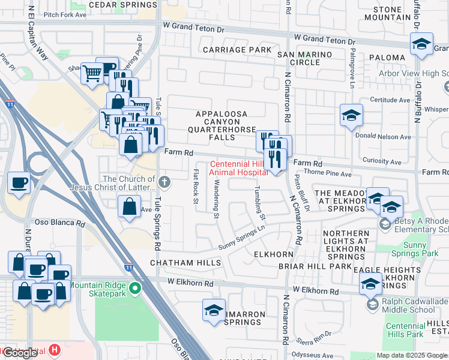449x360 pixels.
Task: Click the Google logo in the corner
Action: coord(20,353)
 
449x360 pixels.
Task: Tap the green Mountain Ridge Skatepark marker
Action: coord(135,289)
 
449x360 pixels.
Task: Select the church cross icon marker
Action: coord(165,181)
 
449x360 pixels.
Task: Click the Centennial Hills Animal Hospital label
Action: coord(238,169)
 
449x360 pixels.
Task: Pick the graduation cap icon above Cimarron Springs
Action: coord(214,310)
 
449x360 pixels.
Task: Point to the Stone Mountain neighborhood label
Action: coord(396,14)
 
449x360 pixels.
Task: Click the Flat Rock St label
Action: coord(196,186)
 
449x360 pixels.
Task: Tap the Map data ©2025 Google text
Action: coord(412,355)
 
